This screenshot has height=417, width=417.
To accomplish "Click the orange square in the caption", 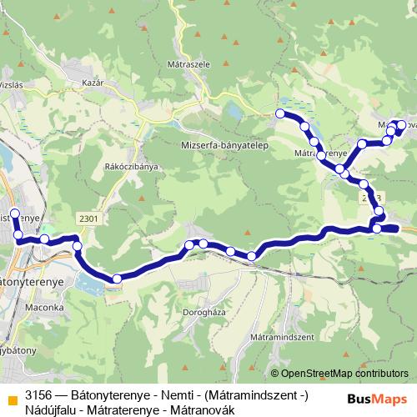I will [11, 389].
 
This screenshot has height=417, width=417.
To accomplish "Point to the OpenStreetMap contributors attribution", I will [339, 373].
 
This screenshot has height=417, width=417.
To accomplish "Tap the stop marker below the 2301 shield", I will [77, 245].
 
